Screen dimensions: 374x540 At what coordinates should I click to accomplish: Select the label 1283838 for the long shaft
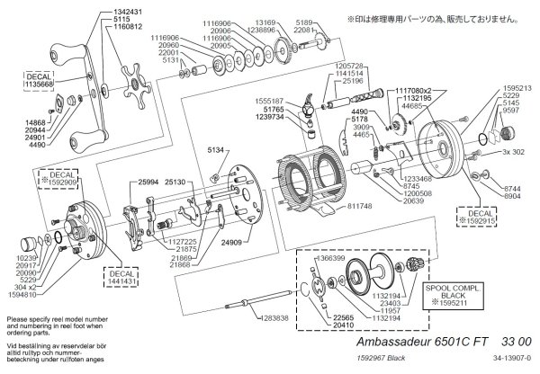[267, 318]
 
